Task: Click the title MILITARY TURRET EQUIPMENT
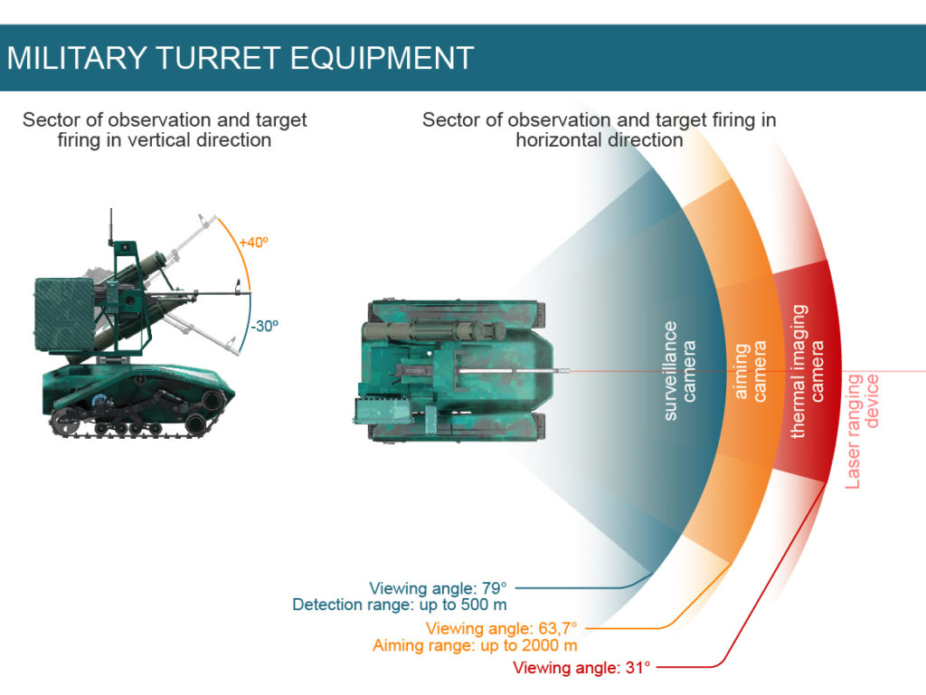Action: [x=241, y=58]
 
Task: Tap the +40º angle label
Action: [x=253, y=243]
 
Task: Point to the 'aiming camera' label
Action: [x=750, y=371]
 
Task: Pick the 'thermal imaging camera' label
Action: [x=808, y=371]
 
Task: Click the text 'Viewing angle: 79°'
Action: [x=438, y=588]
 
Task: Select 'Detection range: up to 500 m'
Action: [x=399, y=605]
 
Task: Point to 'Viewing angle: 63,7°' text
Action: [x=500, y=629]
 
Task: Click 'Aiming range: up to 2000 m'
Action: [x=475, y=645]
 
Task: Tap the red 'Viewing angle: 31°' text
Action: [x=581, y=669]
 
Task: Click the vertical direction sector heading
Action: [x=165, y=129]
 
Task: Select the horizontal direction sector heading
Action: [x=599, y=129]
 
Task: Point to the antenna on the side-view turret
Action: [x=111, y=226]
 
